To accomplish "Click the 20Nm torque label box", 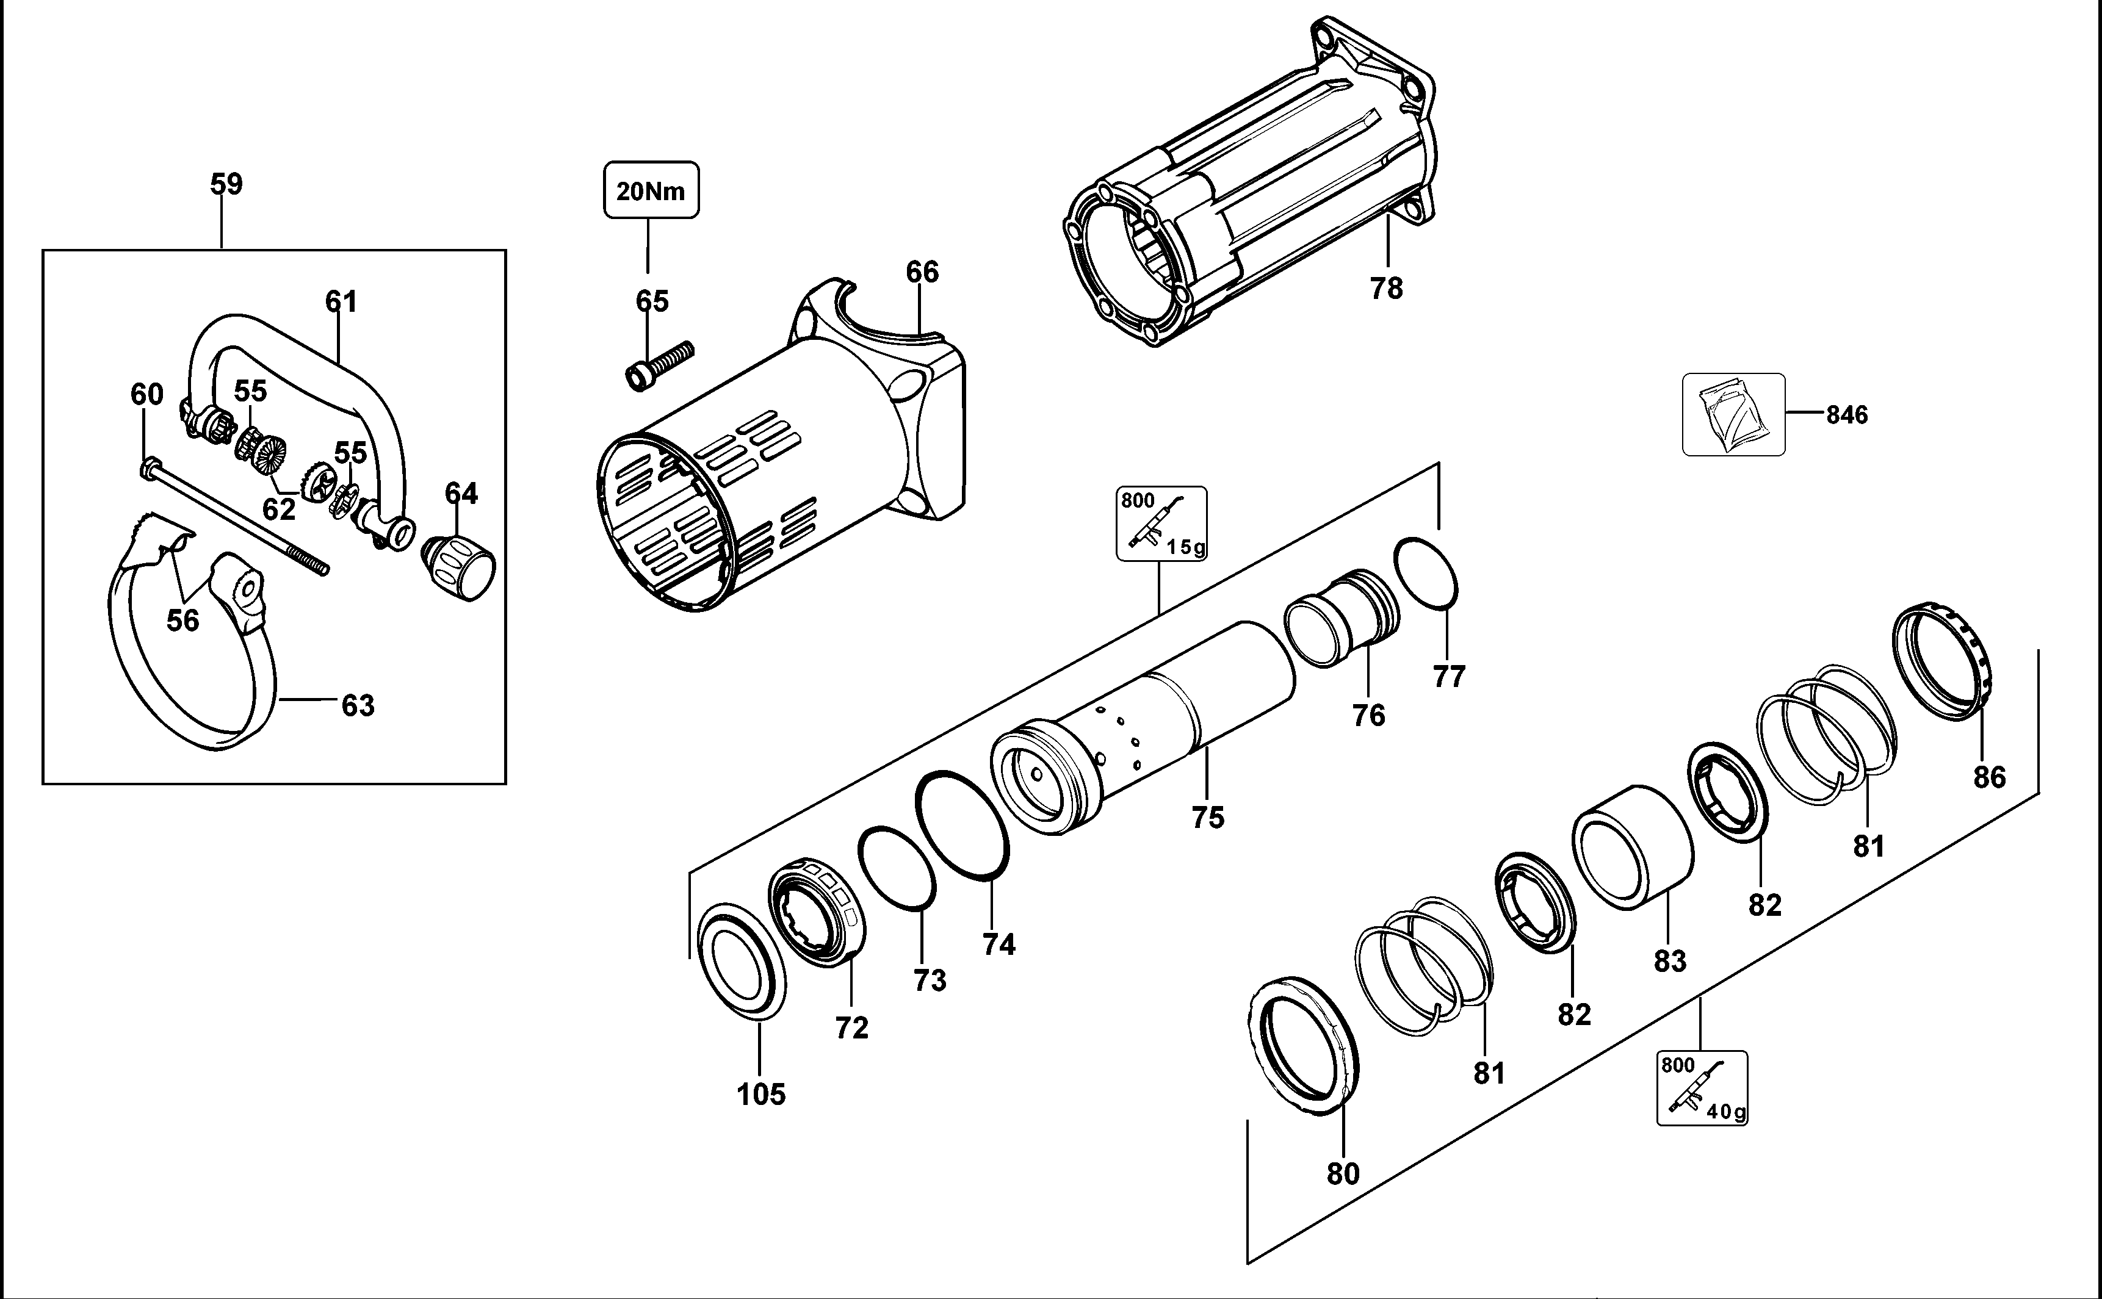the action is (651, 190).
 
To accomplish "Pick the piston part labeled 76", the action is (1342, 617).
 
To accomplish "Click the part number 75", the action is (1207, 817).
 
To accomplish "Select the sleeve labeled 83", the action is (1632, 847).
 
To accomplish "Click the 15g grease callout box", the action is (1161, 524).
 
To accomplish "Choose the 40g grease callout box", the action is (1702, 1088).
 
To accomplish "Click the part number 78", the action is (1386, 289).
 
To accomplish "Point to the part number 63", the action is (358, 705).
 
